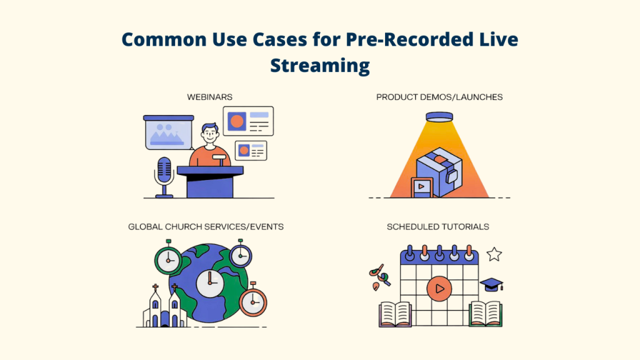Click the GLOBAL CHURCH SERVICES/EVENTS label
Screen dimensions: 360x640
206,226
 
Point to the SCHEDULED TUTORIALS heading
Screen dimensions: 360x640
437,226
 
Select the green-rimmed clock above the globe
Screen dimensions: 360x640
169,259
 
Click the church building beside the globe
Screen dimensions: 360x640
164,309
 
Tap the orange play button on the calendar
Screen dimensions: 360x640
439,289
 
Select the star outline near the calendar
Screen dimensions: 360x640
494,254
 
